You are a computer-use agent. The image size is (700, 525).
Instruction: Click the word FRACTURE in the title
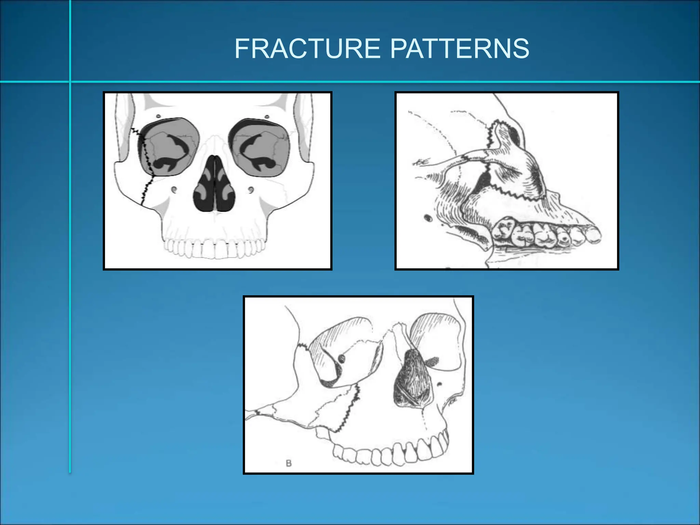tap(307, 49)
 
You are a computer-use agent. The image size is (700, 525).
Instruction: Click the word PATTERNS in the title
tap(459, 49)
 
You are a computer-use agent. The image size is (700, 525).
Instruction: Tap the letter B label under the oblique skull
tap(289, 463)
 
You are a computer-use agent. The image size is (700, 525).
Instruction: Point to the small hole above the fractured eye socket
tap(158, 117)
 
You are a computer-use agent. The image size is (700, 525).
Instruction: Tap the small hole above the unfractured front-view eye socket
tap(267, 117)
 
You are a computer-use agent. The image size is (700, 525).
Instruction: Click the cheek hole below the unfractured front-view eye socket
tap(251, 189)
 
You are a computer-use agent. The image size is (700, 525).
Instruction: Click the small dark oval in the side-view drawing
tap(427, 217)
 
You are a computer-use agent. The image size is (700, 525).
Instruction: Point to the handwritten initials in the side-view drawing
tap(421, 162)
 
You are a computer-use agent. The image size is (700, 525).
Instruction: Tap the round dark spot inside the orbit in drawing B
tap(341, 358)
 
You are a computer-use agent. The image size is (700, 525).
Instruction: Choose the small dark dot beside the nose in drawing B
tap(440, 385)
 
